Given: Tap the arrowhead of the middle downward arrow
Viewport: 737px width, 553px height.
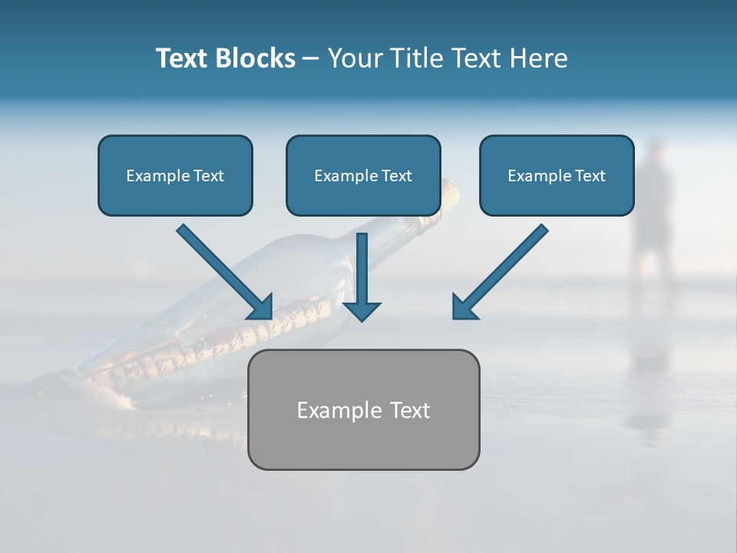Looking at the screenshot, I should pos(362,310).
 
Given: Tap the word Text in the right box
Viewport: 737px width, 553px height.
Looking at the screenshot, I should pos(590,176).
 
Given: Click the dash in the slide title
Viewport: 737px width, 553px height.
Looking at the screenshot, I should pos(311,58).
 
